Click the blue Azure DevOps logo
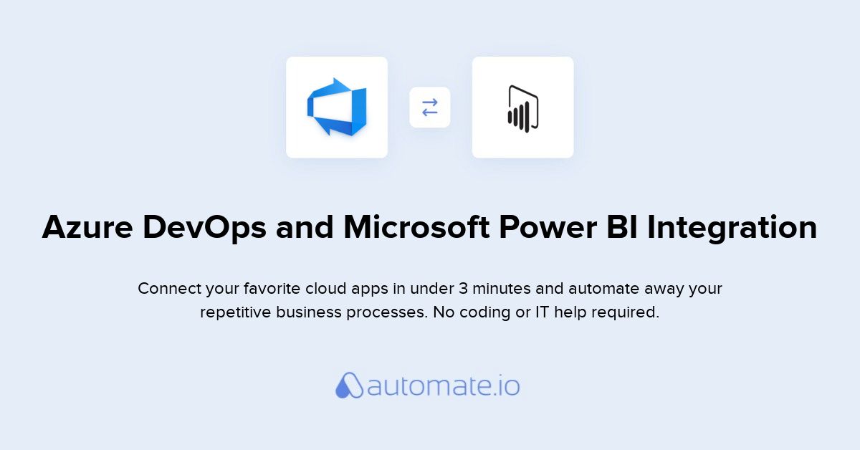(x=337, y=107)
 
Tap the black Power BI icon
(x=523, y=109)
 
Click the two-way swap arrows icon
(x=429, y=107)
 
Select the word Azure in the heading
(x=87, y=227)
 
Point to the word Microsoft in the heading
(x=416, y=226)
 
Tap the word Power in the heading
(x=548, y=227)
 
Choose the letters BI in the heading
(x=622, y=227)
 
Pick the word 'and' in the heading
(x=305, y=226)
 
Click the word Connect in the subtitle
(x=169, y=288)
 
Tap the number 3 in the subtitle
(x=464, y=288)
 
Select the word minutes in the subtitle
(x=502, y=288)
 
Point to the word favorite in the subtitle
(x=272, y=288)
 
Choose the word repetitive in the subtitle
(x=235, y=312)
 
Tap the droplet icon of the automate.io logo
(x=349, y=385)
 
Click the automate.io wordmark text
(x=444, y=386)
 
